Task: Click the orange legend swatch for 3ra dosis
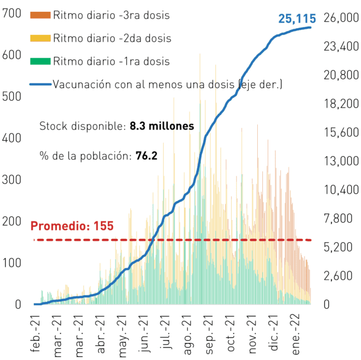point(40,15)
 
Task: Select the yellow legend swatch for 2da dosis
point(40,38)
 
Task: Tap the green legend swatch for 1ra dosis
point(40,61)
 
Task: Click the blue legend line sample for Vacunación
point(40,85)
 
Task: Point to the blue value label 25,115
point(297,19)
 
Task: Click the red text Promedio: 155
point(72,226)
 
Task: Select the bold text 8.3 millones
point(162,126)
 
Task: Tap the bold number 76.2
point(147,155)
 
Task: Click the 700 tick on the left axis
point(11,13)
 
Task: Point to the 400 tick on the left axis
point(11,138)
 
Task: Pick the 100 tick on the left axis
point(11,263)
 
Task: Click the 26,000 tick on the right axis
point(341,17)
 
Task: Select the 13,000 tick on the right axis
point(341,161)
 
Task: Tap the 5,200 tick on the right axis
point(338,247)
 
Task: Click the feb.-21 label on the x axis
point(35,334)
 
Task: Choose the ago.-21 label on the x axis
point(187,335)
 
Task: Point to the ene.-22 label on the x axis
point(296,335)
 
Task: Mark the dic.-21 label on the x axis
point(274,333)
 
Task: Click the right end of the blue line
point(310,28)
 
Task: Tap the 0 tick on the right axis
point(327,304)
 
